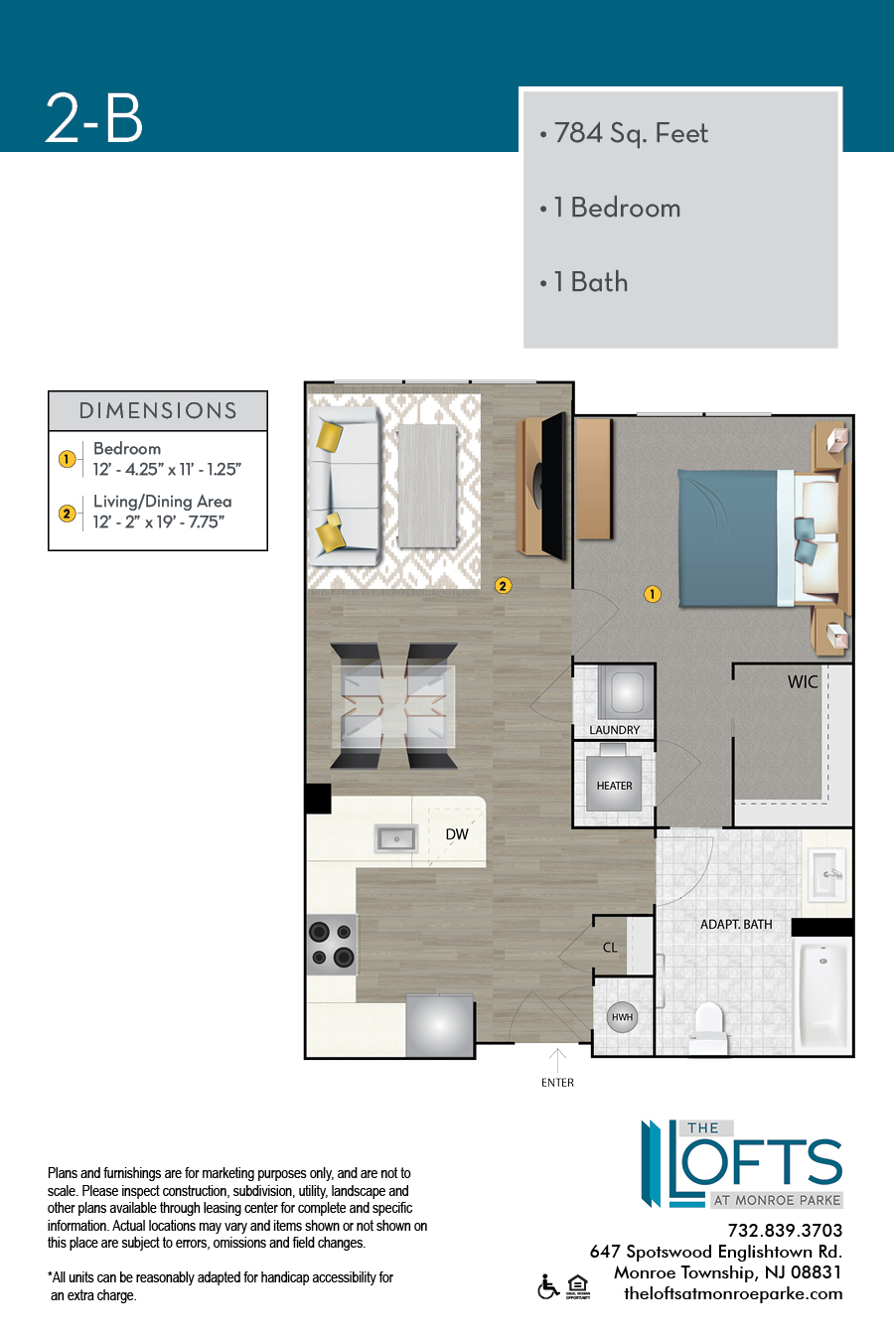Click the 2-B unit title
coord(94,118)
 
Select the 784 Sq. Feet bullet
coord(624,133)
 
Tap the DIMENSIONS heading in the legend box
coord(158,410)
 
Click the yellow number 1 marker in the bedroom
coord(652,594)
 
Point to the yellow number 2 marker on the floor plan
coord(503,585)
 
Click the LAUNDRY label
coord(614,730)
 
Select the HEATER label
coord(614,786)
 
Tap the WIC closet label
coord(803,681)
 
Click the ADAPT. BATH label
coord(736,925)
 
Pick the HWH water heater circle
coord(622,1016)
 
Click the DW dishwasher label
coord(457,834)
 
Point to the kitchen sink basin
coord(396,838)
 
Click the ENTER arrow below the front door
coord(557,1060)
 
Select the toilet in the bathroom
coord(708,1027)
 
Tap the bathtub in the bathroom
coord(823,994)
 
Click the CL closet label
coord(610,947)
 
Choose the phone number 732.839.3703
coord(785,1231)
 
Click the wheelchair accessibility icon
coord(548,1286)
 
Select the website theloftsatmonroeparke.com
coord(733,1293)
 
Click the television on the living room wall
coord(552,486)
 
